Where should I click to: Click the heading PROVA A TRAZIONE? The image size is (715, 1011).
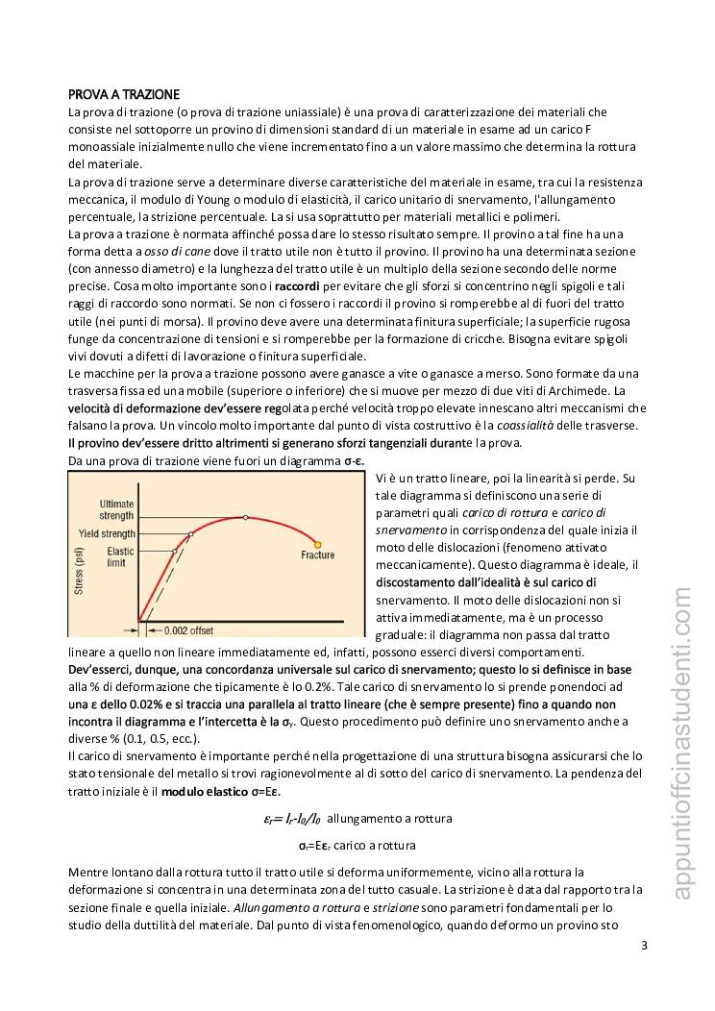coord(123,94)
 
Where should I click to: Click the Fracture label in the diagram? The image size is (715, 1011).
coord(317,555)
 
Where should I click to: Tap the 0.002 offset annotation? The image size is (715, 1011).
coord(188,630)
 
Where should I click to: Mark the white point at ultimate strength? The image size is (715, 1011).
coord(246,517)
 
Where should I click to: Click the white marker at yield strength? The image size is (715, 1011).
coord(191,533)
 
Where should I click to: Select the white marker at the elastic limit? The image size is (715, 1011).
coord(175,552)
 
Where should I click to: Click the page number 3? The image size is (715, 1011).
coord(644,946)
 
